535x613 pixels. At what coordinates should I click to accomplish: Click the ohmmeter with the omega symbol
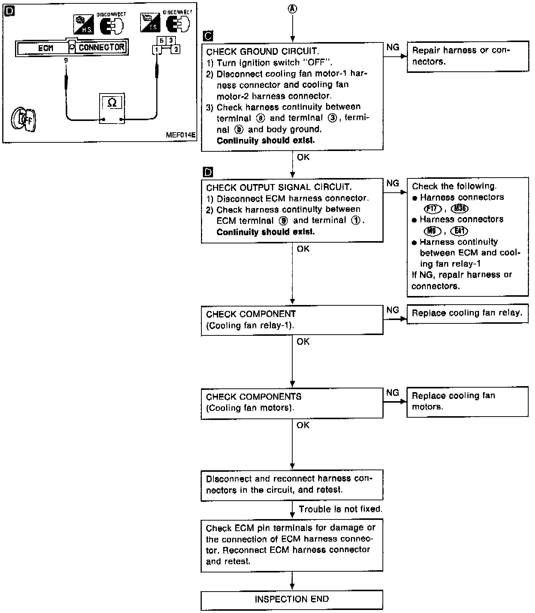click(112, 108)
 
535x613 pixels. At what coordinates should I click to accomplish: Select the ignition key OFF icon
click(24, 119)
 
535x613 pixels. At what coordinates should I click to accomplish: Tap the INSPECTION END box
click(292, 599)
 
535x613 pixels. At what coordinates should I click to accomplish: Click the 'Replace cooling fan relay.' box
click(467, 314)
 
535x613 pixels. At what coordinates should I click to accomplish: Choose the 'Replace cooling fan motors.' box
click(467, 402)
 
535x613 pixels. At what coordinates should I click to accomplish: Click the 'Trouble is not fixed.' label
click(340, 509)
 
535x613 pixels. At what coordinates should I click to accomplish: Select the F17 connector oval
click(432, 208)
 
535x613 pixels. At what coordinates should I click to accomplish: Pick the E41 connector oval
click(461, 231)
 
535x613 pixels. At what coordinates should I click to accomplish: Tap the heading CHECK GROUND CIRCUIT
click(263, 52)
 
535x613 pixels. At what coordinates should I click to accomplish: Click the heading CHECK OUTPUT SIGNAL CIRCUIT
click(279, 187)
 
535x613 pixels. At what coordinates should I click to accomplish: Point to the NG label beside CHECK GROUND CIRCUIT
click(393, 47)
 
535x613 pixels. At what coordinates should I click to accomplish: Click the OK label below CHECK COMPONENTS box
click(303, 425)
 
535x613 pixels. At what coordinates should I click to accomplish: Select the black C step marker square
click(207, 36)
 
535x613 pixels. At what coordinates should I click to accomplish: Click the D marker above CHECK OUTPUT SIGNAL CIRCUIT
click(207, 172)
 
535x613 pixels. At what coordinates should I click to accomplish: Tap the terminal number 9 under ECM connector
click(66, 60)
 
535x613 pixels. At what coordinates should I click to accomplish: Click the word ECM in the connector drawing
click(45, 48)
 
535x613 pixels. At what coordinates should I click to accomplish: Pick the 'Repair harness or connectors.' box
click(467, 56)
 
